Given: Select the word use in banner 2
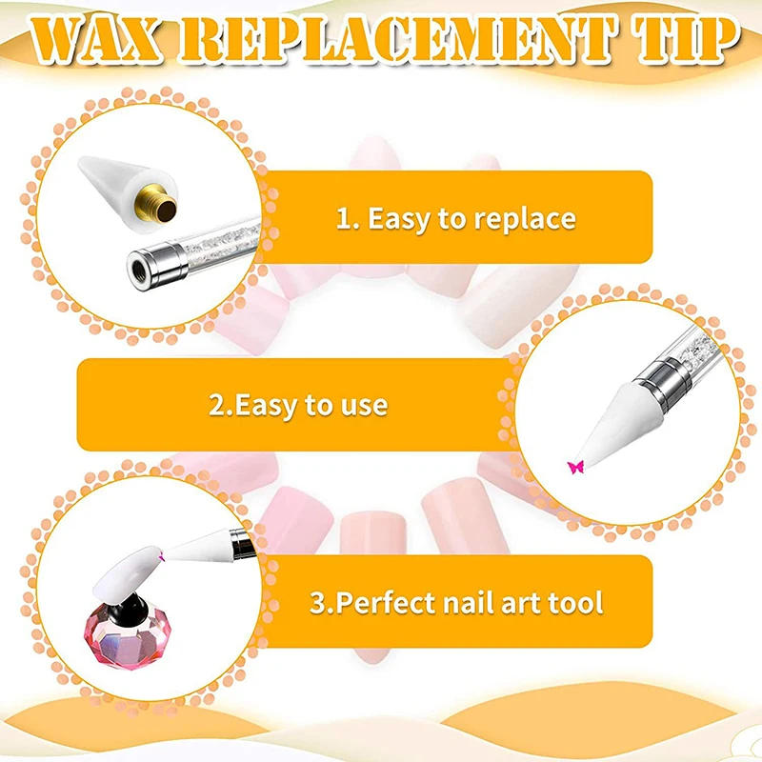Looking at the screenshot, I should (362, 405).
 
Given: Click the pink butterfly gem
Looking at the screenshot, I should (574, 466).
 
